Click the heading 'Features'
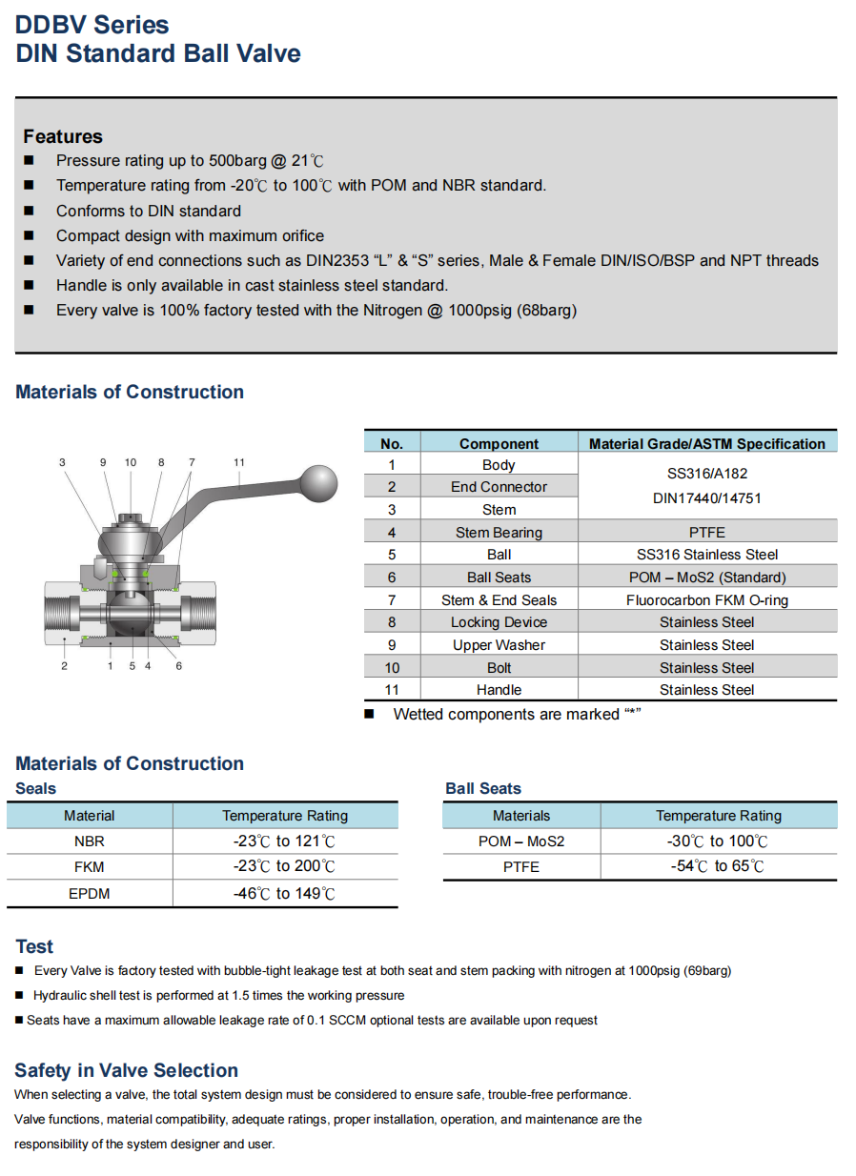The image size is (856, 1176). (x=63, y=136)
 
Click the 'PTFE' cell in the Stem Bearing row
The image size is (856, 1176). (x=707, y=532)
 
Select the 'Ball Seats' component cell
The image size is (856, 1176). (x=499, y=577)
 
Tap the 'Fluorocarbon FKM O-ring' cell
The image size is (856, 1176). (x=707, y=599)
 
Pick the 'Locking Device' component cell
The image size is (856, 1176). (x=499, y=622)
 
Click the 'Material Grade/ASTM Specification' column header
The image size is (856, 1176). (x=707, y=443)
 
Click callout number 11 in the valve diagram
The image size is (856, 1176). (x=239, y=463)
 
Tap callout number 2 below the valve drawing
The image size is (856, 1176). (x=65, y=666)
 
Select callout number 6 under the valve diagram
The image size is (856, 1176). (x=178, y=666)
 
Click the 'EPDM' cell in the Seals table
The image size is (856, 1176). (x=90, y=893)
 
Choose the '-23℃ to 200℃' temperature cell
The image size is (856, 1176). (x=284, y=866)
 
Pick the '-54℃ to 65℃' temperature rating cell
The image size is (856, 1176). (x=718, y=866)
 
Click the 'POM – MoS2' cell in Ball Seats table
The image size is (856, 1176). (x=521, y=841)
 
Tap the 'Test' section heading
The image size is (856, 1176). (x=34, y=946)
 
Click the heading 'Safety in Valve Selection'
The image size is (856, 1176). (x=126, y=1070)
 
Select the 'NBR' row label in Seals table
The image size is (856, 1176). (x=90, y=841)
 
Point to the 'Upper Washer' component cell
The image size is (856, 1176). (x=499, y=645)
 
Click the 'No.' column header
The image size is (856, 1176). (x=392, y=443)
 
